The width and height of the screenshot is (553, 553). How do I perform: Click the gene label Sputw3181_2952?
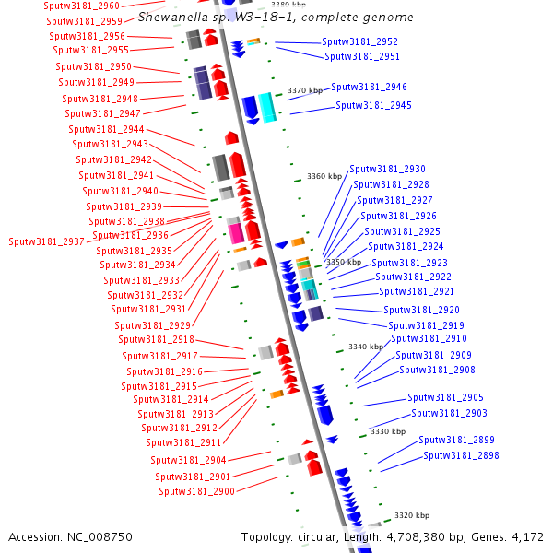[x=360, y=41]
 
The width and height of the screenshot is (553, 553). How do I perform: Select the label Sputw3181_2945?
[x=373, y=105]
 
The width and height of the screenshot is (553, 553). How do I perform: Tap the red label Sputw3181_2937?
[x=47, y=241]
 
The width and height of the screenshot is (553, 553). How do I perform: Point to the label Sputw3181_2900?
[x=196, y=491]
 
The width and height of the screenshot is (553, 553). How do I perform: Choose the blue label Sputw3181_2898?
[x=461, y=455]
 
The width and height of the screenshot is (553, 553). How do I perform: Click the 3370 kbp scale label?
[x=305, y=90]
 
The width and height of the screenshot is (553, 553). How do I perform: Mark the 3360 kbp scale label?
[x=324, y=176]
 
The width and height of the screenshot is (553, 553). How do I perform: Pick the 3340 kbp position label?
[x=365, y=347]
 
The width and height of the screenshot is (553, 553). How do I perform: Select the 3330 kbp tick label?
[x=387, y=431]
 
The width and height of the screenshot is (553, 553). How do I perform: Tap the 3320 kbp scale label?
[x=411, y=515]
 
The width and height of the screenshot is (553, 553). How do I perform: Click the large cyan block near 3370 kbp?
[x=267, y=108]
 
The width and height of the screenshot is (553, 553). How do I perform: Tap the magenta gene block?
[x=236, y=230]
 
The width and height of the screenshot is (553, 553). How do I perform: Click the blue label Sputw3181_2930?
[x=388, y=169]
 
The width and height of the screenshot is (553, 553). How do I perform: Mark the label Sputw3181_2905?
[x=446, y=397]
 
